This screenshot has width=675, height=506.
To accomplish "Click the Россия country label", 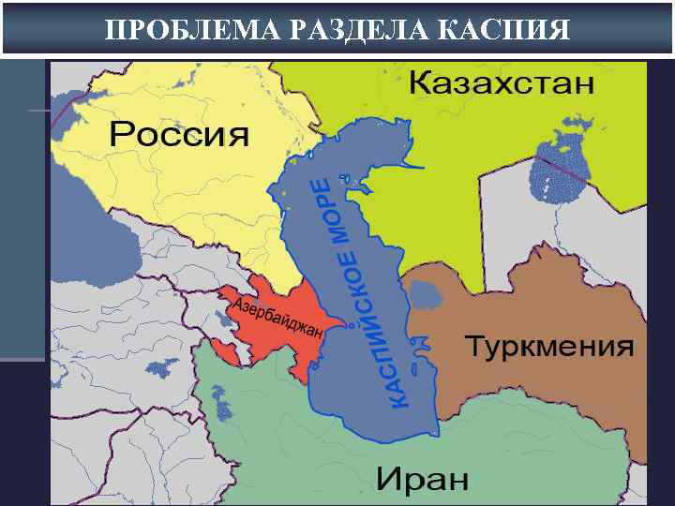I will coord(179,134).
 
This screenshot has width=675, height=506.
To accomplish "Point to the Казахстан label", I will coord(502,82).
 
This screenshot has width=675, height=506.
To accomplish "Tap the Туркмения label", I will coord(549,347).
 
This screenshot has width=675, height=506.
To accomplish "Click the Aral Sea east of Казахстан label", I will coord(555,173).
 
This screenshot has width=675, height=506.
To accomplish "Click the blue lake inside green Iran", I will coord(222,406).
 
